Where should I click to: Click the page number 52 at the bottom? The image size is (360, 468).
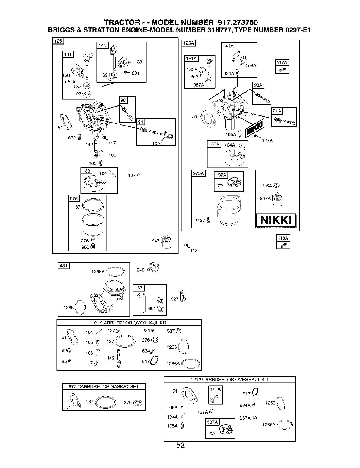coord(180,445)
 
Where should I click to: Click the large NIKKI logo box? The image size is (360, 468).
coord(276,220)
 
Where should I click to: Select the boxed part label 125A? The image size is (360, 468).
coord(188,43)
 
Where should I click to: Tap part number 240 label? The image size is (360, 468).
coord(140,270)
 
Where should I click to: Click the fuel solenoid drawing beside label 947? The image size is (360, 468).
coord(166,242)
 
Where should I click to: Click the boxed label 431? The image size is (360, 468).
coord(64,266)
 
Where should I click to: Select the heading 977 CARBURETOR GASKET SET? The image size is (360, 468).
coord(104,386)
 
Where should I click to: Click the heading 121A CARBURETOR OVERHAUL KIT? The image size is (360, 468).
coord(229,379)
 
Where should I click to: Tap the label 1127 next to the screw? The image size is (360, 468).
coord(200,220)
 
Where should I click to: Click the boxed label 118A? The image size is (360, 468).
coord(283,238)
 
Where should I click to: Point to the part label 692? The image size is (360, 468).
coord(72,138)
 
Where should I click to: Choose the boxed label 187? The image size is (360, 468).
coord(139,288)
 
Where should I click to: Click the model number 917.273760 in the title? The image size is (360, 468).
coord(238,22)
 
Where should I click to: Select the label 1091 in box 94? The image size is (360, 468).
coord(157,143)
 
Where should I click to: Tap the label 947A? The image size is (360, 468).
coord(265,198)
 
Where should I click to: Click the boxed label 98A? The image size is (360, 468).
coord(258,85)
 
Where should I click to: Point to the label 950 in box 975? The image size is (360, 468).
coord(85,247)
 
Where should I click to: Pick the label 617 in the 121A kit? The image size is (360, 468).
coord(247,394)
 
